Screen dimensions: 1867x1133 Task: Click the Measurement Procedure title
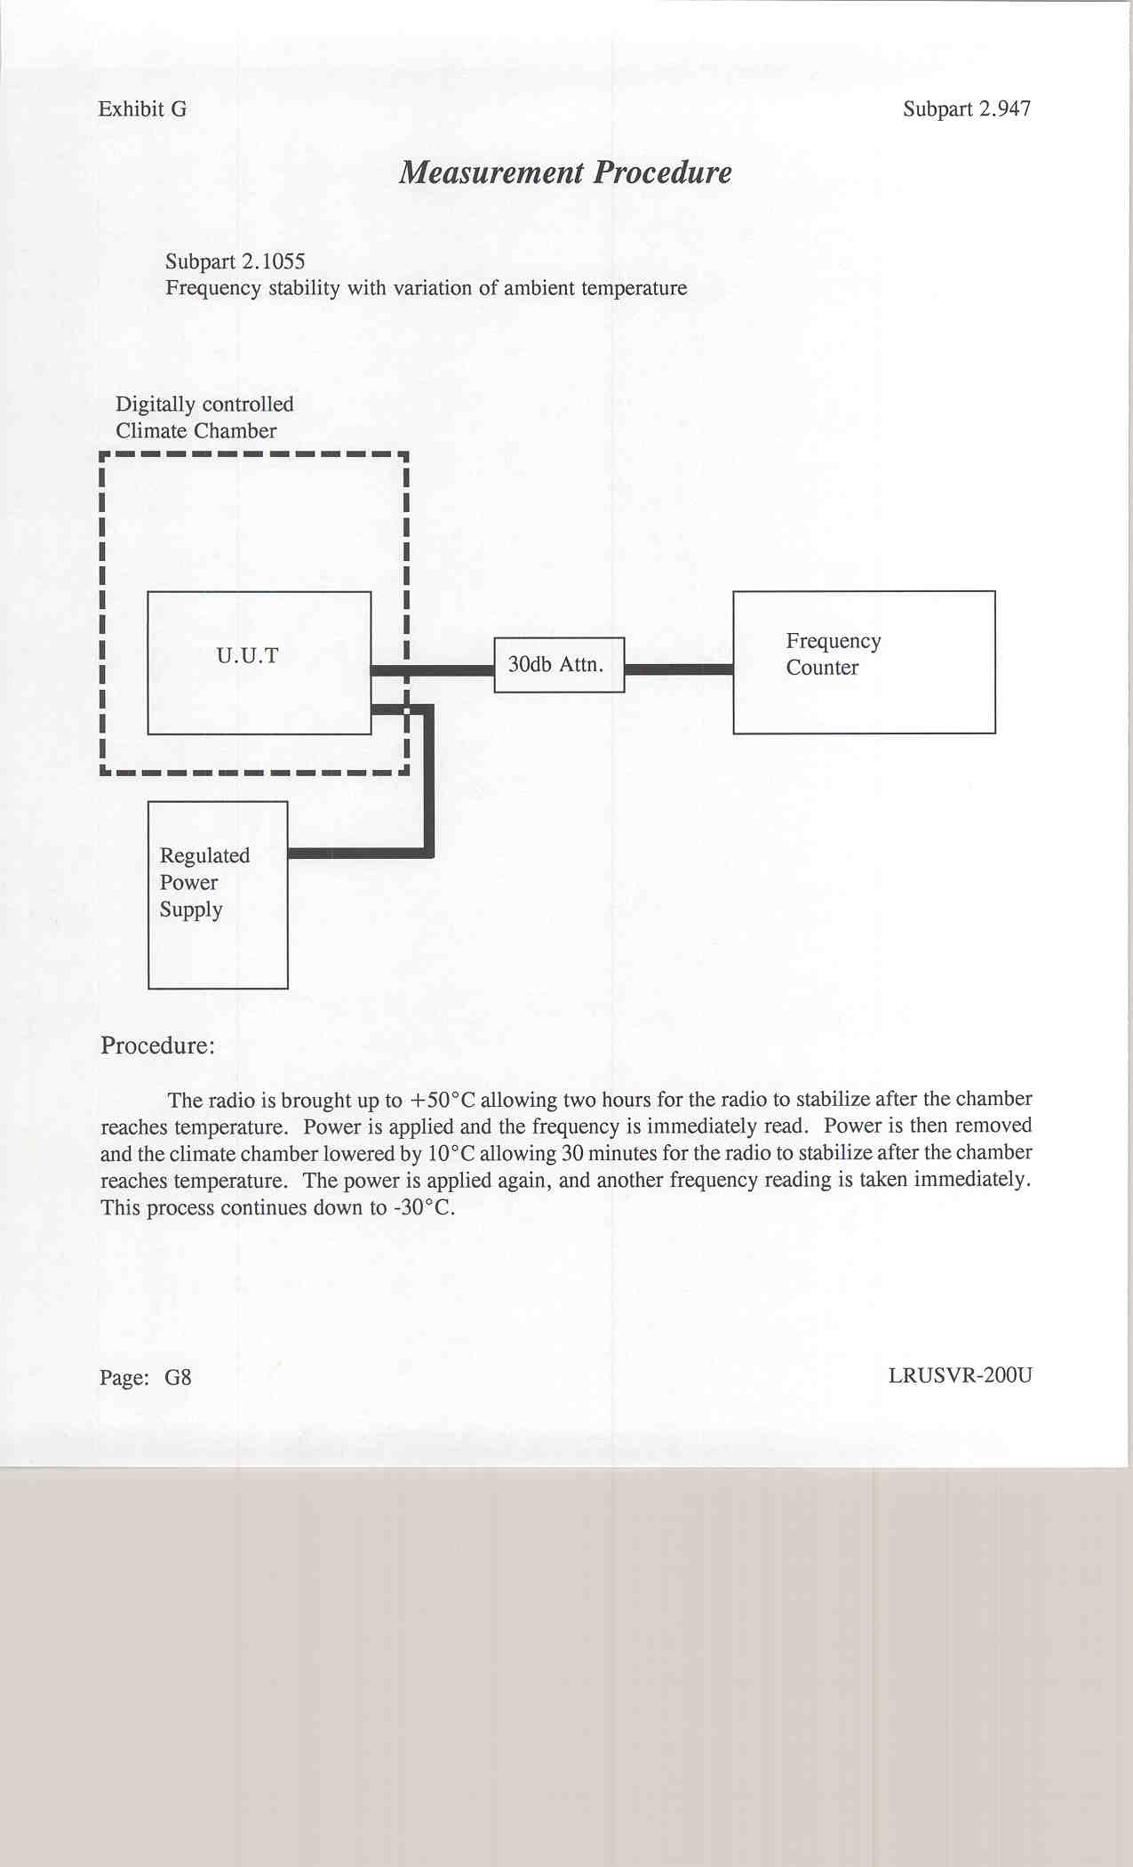click(x=565, y=172)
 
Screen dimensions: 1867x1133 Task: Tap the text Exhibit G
click(x=142, y=109)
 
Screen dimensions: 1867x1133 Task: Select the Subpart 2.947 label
click(x=967, y=109)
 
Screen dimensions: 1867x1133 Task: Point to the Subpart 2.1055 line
click(x=235, y=261)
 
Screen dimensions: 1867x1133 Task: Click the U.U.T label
click(x=247, y=656)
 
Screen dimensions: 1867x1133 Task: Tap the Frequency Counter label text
click(x=833, y=654)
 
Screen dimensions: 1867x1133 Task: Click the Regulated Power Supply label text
click(x=203, y=882)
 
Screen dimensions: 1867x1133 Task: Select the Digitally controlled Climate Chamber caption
click(x=204, y=418)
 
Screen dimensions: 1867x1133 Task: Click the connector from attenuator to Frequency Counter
click(x=678, y=669)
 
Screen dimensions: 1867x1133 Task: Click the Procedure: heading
click(x=157, y=1046)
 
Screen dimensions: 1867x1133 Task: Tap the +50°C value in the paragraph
click(x=442, y=1100)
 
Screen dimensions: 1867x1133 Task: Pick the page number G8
click(x=178, y=1378)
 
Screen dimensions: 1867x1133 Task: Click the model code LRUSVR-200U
click(x=960, y=1375)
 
